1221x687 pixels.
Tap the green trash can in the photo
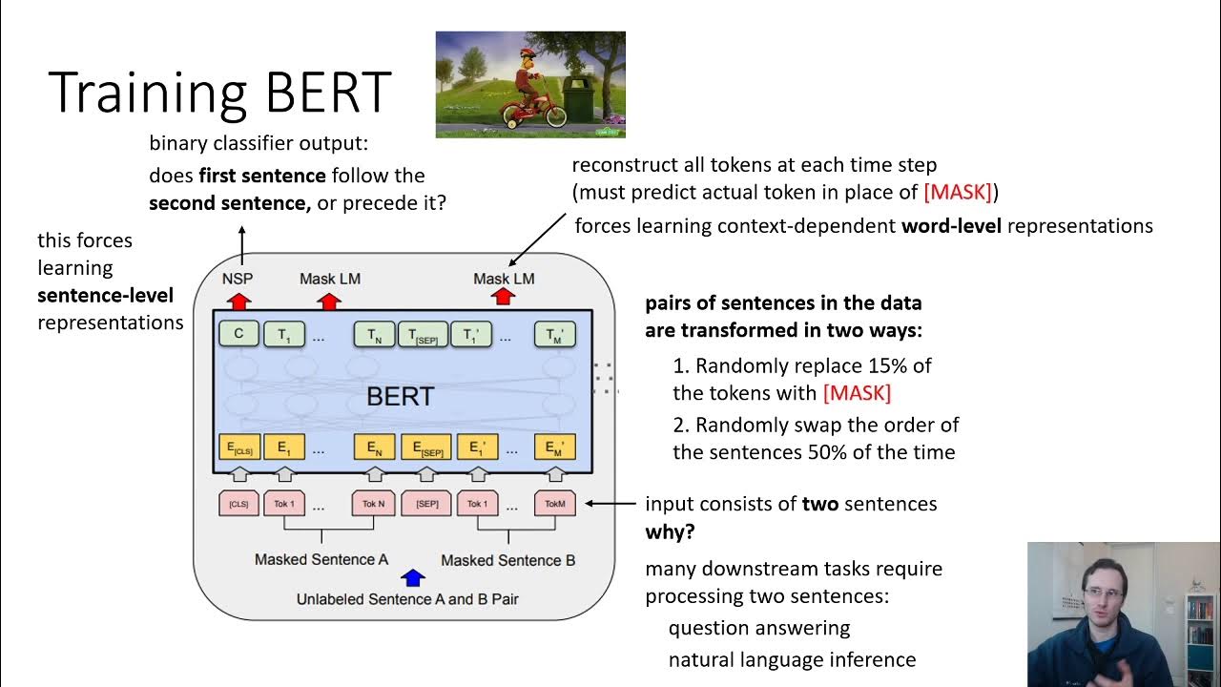(578, 100)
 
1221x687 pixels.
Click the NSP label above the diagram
(237, 279)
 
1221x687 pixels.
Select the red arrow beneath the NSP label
(238, 301)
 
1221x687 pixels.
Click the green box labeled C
(238, 334)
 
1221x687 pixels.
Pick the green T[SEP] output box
(423, 334)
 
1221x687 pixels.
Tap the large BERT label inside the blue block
(401, 397)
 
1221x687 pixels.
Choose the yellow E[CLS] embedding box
(238, 448)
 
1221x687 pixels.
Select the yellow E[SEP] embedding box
(425, 448)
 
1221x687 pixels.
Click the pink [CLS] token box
(238, 503)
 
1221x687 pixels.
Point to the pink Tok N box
(374, 503)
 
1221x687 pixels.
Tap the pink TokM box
(554, 503)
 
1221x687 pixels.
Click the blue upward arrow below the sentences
(412, 577)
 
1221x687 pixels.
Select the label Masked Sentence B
(507, 560)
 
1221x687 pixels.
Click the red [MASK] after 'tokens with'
(857, 393)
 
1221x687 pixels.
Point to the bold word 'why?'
(670, 531)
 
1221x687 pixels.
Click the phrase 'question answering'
(758, 628)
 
